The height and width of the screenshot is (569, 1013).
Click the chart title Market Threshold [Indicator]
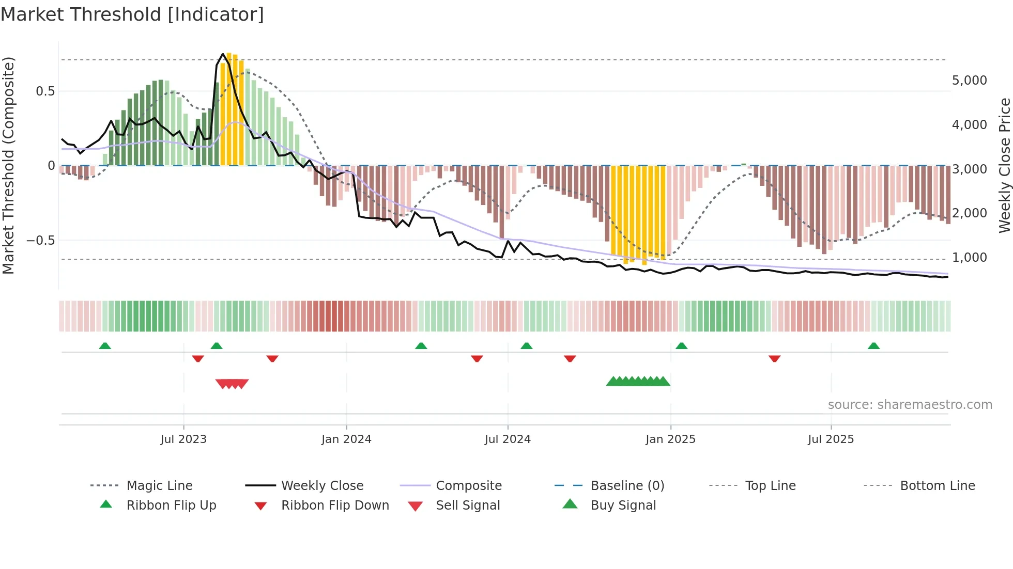pos(132,14)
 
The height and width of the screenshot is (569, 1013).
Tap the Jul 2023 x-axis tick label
pos(183,439)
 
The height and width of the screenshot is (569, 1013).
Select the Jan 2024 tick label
pos(346,439)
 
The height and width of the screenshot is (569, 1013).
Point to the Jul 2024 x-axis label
pos(508,439)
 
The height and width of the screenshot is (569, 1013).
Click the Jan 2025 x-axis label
pos(670,439)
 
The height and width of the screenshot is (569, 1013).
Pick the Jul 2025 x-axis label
pos(831,439)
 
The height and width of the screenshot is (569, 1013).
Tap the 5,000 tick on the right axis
pos(970,81)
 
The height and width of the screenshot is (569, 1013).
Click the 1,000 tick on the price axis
pos(970,258)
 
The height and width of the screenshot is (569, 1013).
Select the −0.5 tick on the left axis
pos(40,241)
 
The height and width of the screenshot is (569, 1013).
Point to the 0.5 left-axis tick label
pos(45,91)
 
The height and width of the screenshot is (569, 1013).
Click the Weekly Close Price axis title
pos(1004,165)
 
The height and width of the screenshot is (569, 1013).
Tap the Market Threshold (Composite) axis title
pos(8,165)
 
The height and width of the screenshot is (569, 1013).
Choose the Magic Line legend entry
pos(159,486)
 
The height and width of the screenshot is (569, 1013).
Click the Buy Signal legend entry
pos(623,505)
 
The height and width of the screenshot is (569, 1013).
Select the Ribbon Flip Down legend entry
pos(334,505)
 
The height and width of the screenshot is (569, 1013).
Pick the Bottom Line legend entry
pos(937,486)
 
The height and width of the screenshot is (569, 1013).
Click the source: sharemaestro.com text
pos(910,405)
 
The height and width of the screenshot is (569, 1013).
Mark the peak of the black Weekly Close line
pos(223,54)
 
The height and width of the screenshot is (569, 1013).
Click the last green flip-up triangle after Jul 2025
pos(873,346)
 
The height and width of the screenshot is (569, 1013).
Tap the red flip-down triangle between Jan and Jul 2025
pos(774,358)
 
